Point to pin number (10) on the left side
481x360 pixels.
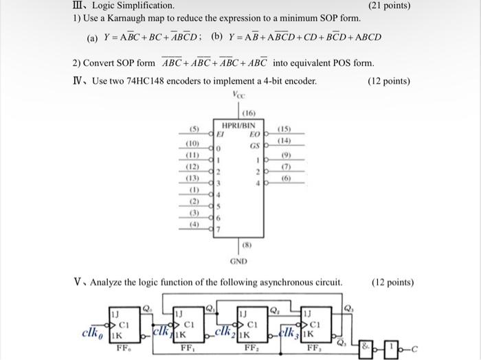[x=194, y=144]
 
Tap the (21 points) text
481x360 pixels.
[x=389, y=5]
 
